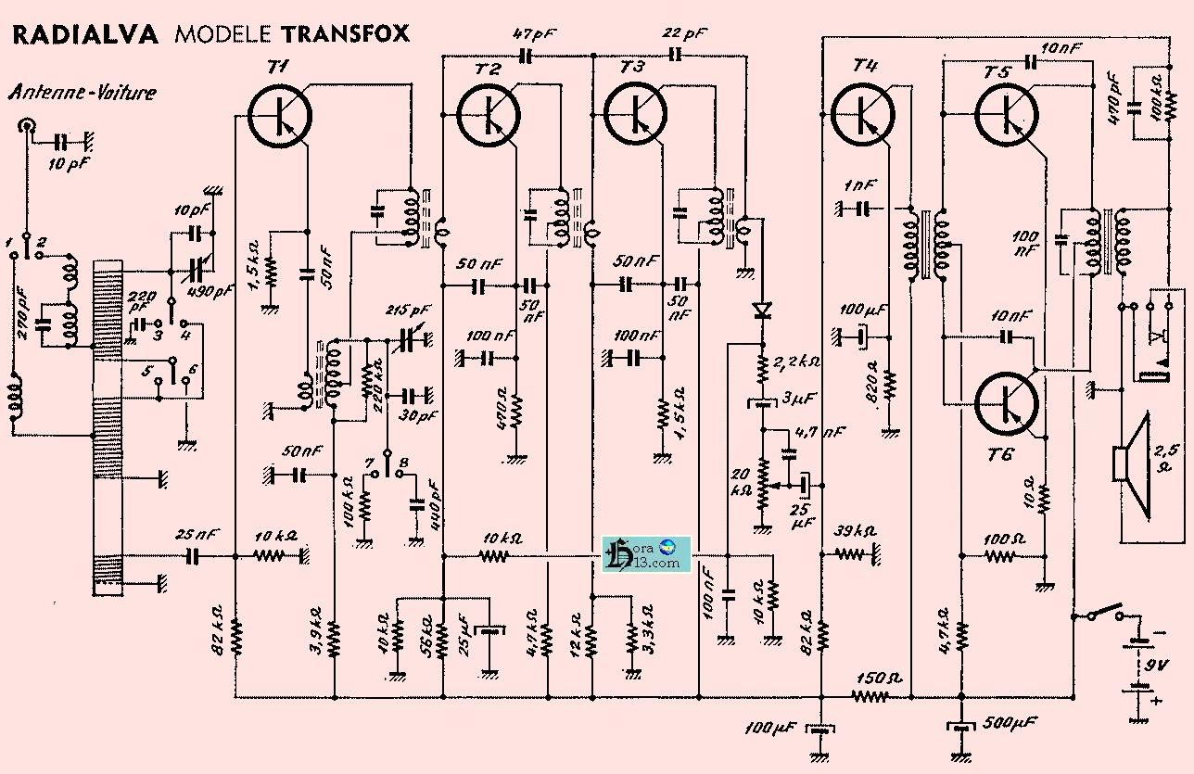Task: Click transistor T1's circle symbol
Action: pyautogui.click(x=280, y=116)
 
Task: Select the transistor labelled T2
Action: pyautogui.click(x=488, y=112)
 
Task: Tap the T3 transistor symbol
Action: pyautogui.click(x=636, y=112)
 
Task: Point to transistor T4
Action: pyautogui.click(x=863, y=112)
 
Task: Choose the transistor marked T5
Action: pyautogui.click(x=1007, y=112)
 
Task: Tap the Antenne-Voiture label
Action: pyautogui.click(x=83, y=92)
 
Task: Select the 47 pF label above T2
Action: pyautogui.click(x=533, y=35)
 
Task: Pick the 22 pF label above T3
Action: pyautogui.click(x=684, y=35)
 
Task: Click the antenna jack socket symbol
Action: pyautogui.click(x=29, y=125)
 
